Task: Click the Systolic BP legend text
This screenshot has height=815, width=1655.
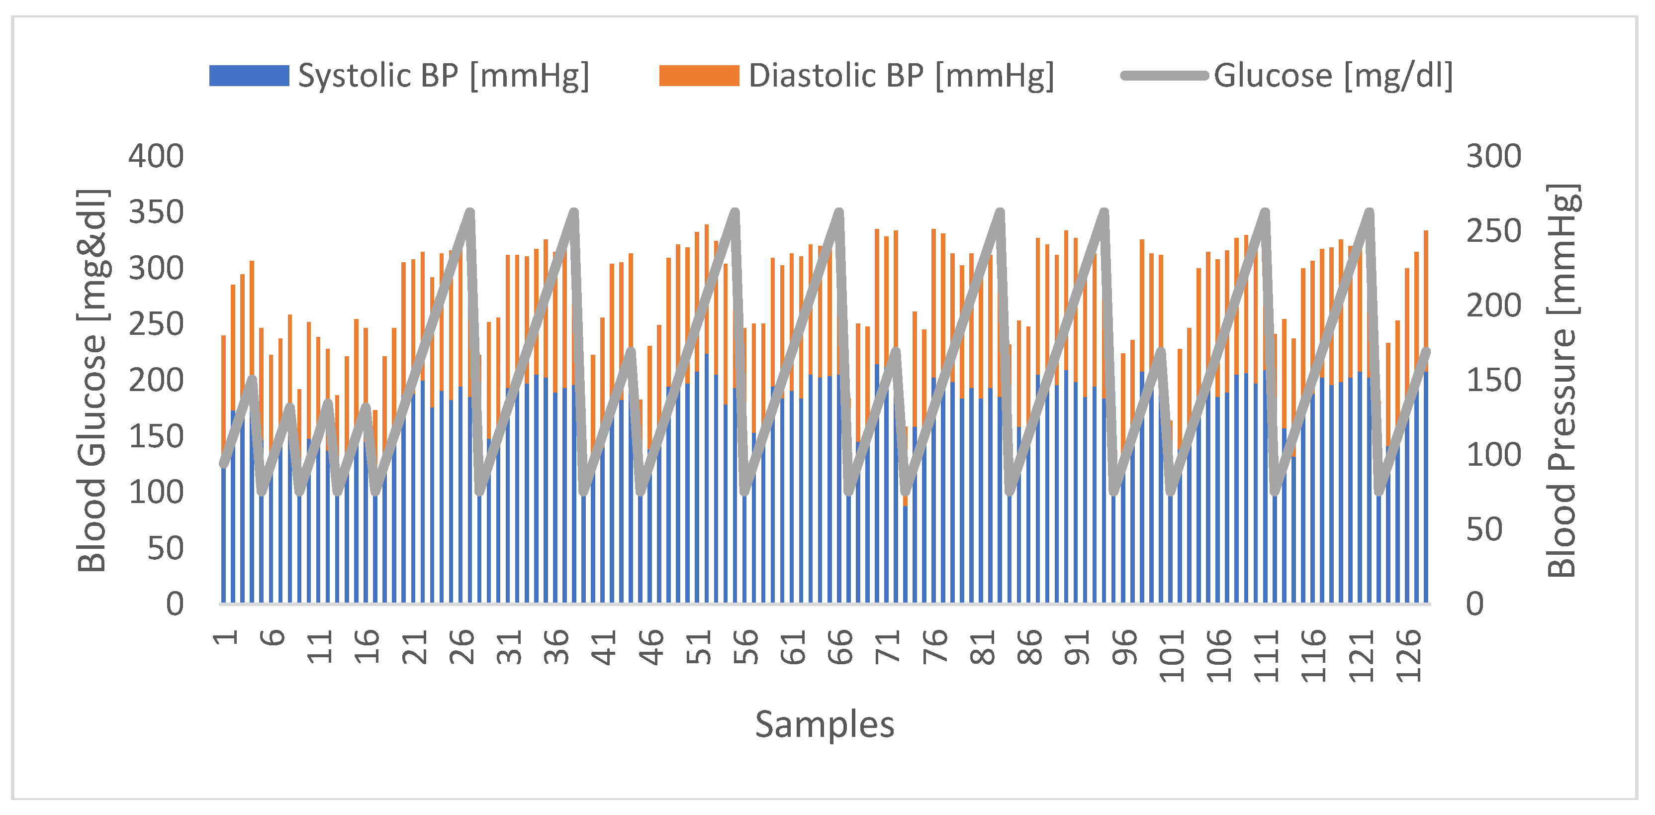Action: [x=443, y=76]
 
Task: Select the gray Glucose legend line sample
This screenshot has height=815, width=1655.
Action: [x=1164, y=76]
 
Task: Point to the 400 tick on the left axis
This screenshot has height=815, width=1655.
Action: [x=156, y=156]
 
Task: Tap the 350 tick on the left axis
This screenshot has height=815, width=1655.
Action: [x=156, y=212]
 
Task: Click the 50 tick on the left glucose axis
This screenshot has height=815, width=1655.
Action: [x=165, y=548]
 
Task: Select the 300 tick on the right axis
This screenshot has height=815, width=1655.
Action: [x=1493, y=156]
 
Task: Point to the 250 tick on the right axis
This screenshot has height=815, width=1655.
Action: [x=1493, y=231]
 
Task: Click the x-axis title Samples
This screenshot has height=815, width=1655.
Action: [x=825, y=725]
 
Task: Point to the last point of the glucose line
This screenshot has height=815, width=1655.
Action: [x=1427, y=351]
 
